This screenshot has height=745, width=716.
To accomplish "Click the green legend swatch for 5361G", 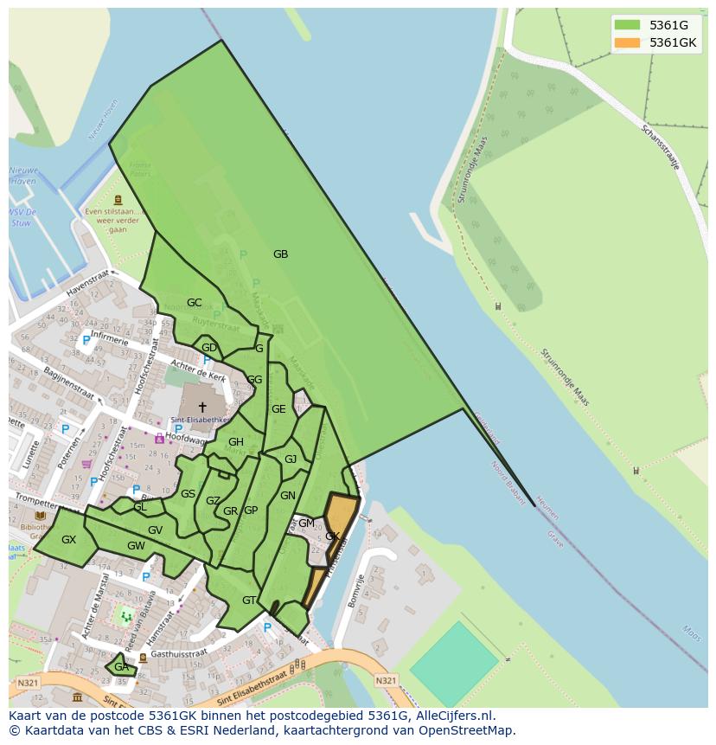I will [x=627, y=25].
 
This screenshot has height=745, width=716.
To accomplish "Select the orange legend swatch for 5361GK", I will [x=627, y=42].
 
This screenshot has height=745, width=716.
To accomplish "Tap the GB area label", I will [x=280, y=254].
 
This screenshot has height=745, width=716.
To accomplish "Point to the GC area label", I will [x=194, y=303].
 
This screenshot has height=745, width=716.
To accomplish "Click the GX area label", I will [x=68, y=540].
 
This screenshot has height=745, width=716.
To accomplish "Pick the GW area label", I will [x=136, y=546].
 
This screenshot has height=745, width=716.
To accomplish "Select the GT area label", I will [x=249, y=600].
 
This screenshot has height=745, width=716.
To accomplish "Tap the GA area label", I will [x=121, y=667].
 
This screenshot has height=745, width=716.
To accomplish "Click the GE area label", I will [x=278, y=409].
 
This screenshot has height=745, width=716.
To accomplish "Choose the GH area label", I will [x=236, y=442].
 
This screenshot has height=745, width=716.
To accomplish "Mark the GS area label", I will [x=188, y=494].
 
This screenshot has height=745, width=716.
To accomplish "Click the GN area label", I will [x=288, y=496].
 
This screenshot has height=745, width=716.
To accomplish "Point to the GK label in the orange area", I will [x=332, y=536].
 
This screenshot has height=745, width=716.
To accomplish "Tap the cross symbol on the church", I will [x=202, y=407].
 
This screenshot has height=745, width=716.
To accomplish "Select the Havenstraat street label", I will [x=90, y=282].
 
